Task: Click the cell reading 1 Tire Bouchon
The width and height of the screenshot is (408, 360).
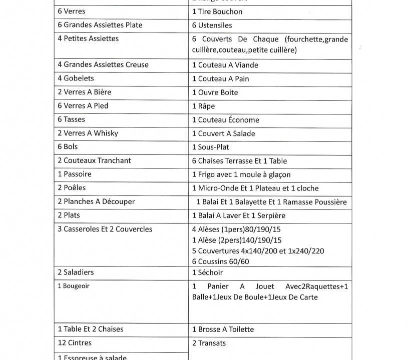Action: (x=217, y=11)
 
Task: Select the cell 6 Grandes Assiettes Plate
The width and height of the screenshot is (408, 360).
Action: (x=100, y=25)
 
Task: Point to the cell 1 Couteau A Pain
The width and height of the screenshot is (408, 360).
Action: (x=220, y=78)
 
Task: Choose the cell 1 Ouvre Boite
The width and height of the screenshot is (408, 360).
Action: (x=215, y=92)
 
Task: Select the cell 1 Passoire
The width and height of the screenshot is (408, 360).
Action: (x=75, y=174)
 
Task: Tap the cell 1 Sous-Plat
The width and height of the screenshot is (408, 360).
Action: (x=211, y=147)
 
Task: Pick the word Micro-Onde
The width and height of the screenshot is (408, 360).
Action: (x=218, y=188)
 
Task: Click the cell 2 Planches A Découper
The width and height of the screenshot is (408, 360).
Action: (x=96, y=201)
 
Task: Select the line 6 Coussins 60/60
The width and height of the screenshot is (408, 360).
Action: (x=220, y=261)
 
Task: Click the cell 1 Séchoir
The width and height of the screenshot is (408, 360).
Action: (x=207, y=272)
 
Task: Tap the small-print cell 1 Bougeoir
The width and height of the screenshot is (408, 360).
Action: (x=74, y=286)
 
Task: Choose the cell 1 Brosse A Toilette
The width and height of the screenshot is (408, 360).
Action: (x=223, y=329)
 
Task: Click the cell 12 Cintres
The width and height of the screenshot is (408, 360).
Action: (x=75, y=343)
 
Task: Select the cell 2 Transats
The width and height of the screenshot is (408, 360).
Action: (x=209, y=343)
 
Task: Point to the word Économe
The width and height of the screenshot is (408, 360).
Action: (x=243, y=119)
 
